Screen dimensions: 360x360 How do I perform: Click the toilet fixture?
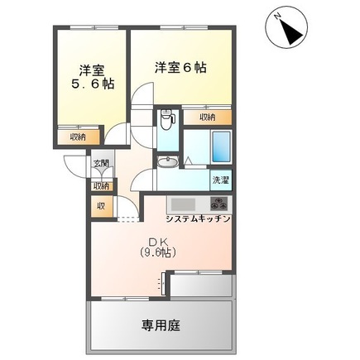(x=168, y=121)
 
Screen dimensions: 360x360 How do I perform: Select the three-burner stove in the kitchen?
(x=218, y=204)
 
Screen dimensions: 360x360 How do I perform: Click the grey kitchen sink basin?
(x=182, y=204)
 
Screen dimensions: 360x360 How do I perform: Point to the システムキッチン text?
(x=198, y=219)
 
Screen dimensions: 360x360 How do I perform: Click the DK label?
(x=159, y=240)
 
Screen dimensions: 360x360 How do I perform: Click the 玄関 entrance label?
(x=99, y=163)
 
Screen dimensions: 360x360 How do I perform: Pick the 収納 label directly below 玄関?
(x=99, y=186)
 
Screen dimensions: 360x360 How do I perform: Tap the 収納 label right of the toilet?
(x=207, y=118)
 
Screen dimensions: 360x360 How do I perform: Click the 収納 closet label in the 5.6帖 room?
(x=77, y=137)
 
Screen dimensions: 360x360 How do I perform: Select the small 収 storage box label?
(x=100, y=206)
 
